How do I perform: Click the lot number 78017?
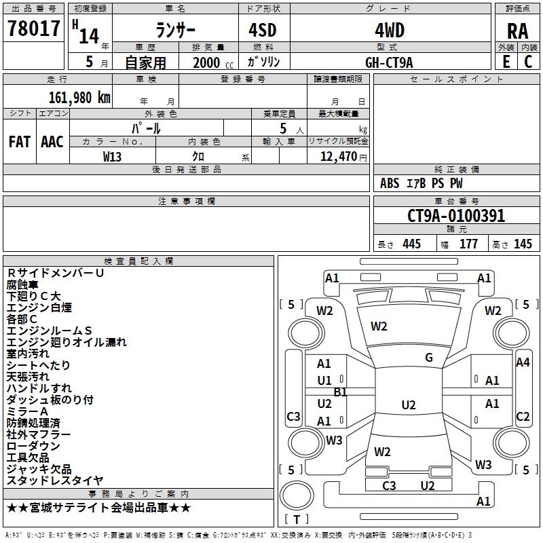(34, 29)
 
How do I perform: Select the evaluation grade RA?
(517, 31)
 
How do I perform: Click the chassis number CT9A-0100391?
(456, 216)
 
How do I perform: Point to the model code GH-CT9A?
(389, 62)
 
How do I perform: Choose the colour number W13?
(113, 156)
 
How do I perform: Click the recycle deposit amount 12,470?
(337, 156)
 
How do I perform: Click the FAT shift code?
(20, 142)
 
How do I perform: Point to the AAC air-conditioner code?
(52, 142)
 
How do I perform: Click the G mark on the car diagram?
(429, 358)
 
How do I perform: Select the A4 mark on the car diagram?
(523, 362)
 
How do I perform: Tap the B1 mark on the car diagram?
(341, 392)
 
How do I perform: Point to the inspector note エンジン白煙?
(39, 307)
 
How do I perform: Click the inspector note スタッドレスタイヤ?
(55, 481)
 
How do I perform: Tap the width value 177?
(468, 244)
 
